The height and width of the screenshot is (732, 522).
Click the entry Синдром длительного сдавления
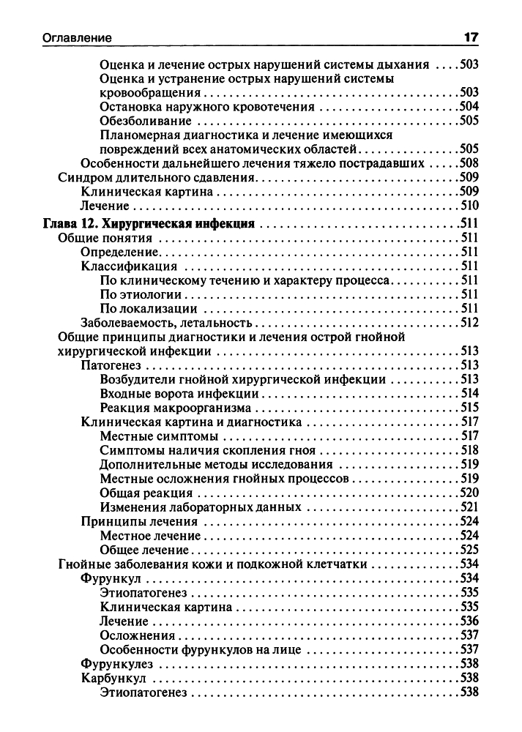(x=156, y=177)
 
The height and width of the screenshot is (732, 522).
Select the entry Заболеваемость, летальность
(x=166, y=322)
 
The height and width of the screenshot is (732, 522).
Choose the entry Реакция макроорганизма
(x=176, y=408)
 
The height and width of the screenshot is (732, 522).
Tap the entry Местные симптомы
(x=154, y=436)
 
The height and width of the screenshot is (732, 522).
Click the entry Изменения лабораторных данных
(x=201, y=507)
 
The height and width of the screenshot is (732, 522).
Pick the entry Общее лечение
(x=145, y=550)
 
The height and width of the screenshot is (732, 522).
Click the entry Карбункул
(x=112, y=678)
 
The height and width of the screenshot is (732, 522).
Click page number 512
(x=468, y=322)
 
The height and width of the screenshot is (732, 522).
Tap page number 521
(x=468, y=507)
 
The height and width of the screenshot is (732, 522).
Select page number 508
(x=468, y=163)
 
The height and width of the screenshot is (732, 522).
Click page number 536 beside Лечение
(x=468, y=621)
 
